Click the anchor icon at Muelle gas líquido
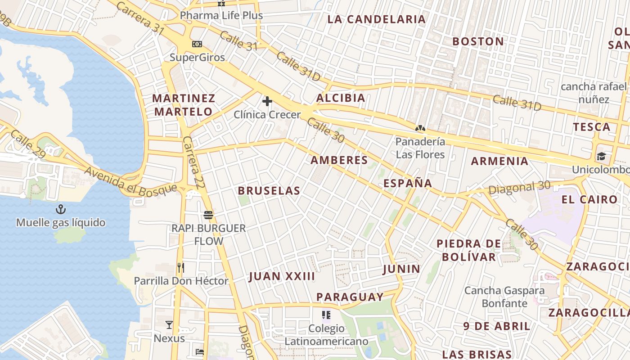click(x=60, y=209)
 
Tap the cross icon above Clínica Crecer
click(x=267, y=101)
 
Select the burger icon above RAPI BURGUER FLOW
click(x=208, y=215)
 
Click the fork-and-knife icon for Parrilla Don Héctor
click(x=181, y=268)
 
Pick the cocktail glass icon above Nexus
click(x=169, y=325)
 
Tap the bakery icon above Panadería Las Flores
click(x=420, y=129)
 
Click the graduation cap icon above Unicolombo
click(x=601, y=157)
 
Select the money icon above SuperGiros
click(x=197, y=44)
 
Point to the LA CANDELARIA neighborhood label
click(x=376, y=19)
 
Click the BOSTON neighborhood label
click(x=478, y=41)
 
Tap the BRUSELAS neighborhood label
click(x=269, y=191)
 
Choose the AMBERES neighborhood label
click(x=339, y=160)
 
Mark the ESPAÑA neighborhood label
click(x=408, y=183)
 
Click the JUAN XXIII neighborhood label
click(x=282, y=276)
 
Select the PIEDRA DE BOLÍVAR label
click(x=468, y=250)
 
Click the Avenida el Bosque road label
click(x=130, y=181)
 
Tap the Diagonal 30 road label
click(x=519, y=188)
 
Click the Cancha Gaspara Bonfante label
click(x=504, y=297)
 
